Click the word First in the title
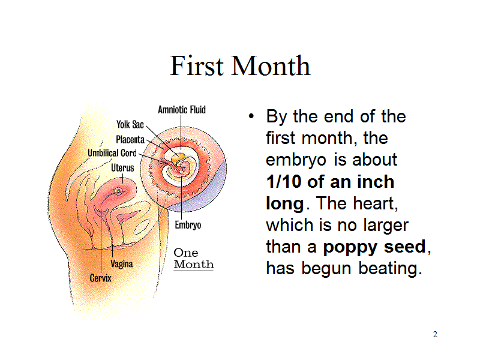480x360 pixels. pos(197,65)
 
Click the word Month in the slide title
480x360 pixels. pos(271,65)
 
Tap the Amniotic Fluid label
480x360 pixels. pos(182,110)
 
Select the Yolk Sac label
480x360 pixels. pos(130,124)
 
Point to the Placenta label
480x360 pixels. pos(130,140)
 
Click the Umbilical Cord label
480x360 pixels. pos(112,153)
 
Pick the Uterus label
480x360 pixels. pos(122,168)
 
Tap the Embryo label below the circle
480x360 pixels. pos(188,226)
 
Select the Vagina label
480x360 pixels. pos(122,264)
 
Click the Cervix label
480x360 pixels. pos(100,278)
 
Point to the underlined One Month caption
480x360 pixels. pos(194,259)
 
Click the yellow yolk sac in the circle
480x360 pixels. pos(178,158)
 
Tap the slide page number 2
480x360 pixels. pos(435,334)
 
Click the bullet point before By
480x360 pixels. pos(251,116)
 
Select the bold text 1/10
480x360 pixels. pos(284,182)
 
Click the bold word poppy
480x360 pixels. pos(350,247)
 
